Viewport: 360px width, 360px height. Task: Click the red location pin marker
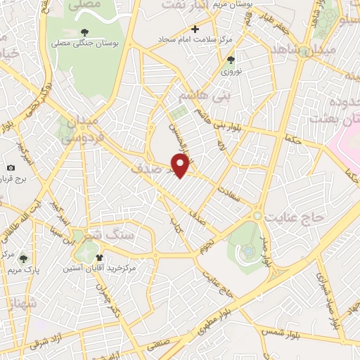(181, 166)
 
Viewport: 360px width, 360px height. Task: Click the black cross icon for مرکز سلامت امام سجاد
(195, 29)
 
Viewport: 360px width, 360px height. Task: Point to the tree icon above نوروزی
(231, 60)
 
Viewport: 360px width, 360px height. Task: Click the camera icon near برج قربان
(11, 167)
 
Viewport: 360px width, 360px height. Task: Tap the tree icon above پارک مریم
(23, 259)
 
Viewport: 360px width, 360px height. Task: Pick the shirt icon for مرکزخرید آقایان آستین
(100, 257)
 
